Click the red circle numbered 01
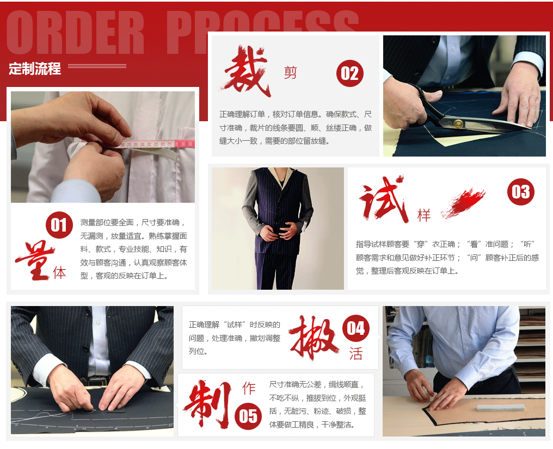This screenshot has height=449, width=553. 59,225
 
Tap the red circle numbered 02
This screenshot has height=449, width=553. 349,73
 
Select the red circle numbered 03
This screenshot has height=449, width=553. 520,192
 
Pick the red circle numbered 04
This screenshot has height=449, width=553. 356,328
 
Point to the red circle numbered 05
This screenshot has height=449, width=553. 248,416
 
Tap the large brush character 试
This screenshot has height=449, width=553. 383,198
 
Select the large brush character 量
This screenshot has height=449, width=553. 35,260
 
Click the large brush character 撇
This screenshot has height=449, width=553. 313,338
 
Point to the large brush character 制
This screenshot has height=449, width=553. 207,403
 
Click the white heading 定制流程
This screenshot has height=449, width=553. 35,68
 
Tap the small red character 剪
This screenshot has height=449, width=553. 290,72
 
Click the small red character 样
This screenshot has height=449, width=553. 424,215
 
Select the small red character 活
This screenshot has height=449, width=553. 356,353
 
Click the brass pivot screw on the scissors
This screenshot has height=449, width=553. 458,123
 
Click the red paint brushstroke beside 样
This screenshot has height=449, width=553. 463,202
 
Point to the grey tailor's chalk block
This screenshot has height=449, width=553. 500,408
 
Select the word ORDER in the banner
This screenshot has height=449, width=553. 75,33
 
